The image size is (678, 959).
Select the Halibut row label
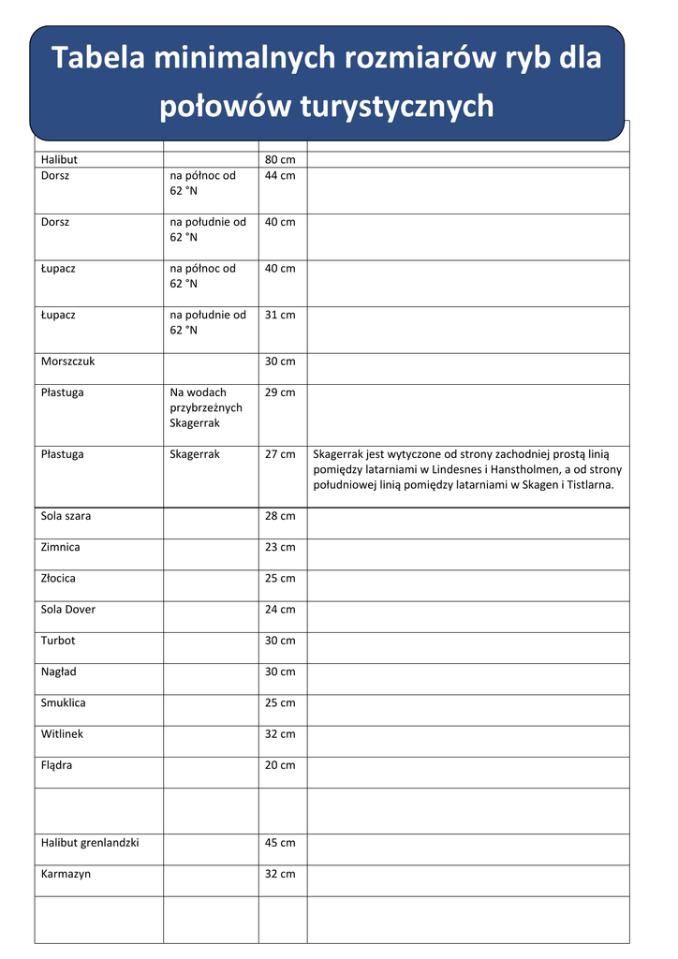(60, 160)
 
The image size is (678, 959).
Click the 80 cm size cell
(280, 160)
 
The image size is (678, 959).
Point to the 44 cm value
(280, 175)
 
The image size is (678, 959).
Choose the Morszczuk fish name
(68, 361)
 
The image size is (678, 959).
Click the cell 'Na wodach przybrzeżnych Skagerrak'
(206, 407)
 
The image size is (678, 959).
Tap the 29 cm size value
(280, 392)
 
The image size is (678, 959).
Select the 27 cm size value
(280, 454)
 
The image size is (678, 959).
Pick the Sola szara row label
(66, 516)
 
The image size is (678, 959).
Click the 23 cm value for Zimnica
(280, 547)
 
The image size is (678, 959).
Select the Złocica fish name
(59, 578)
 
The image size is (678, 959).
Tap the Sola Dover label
(68, 609)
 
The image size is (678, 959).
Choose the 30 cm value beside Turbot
(280, 641)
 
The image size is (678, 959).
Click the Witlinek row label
(63, 733)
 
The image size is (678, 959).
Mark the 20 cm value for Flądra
(280, 765)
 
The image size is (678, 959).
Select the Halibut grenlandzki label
(90, 842)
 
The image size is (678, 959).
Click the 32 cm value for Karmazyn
(280, 874)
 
